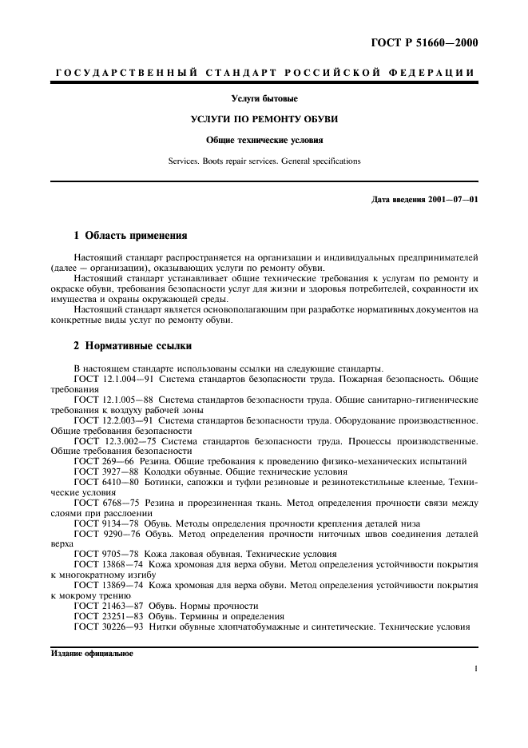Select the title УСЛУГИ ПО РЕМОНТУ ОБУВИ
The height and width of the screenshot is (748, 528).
tap(264, 118)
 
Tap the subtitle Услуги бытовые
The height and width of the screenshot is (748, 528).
tap(264, 98)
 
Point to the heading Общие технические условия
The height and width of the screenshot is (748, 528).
tap(264, 139)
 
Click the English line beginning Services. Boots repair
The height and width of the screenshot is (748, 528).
tap(264, 161)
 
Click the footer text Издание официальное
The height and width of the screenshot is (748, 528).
tap(92, 653)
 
